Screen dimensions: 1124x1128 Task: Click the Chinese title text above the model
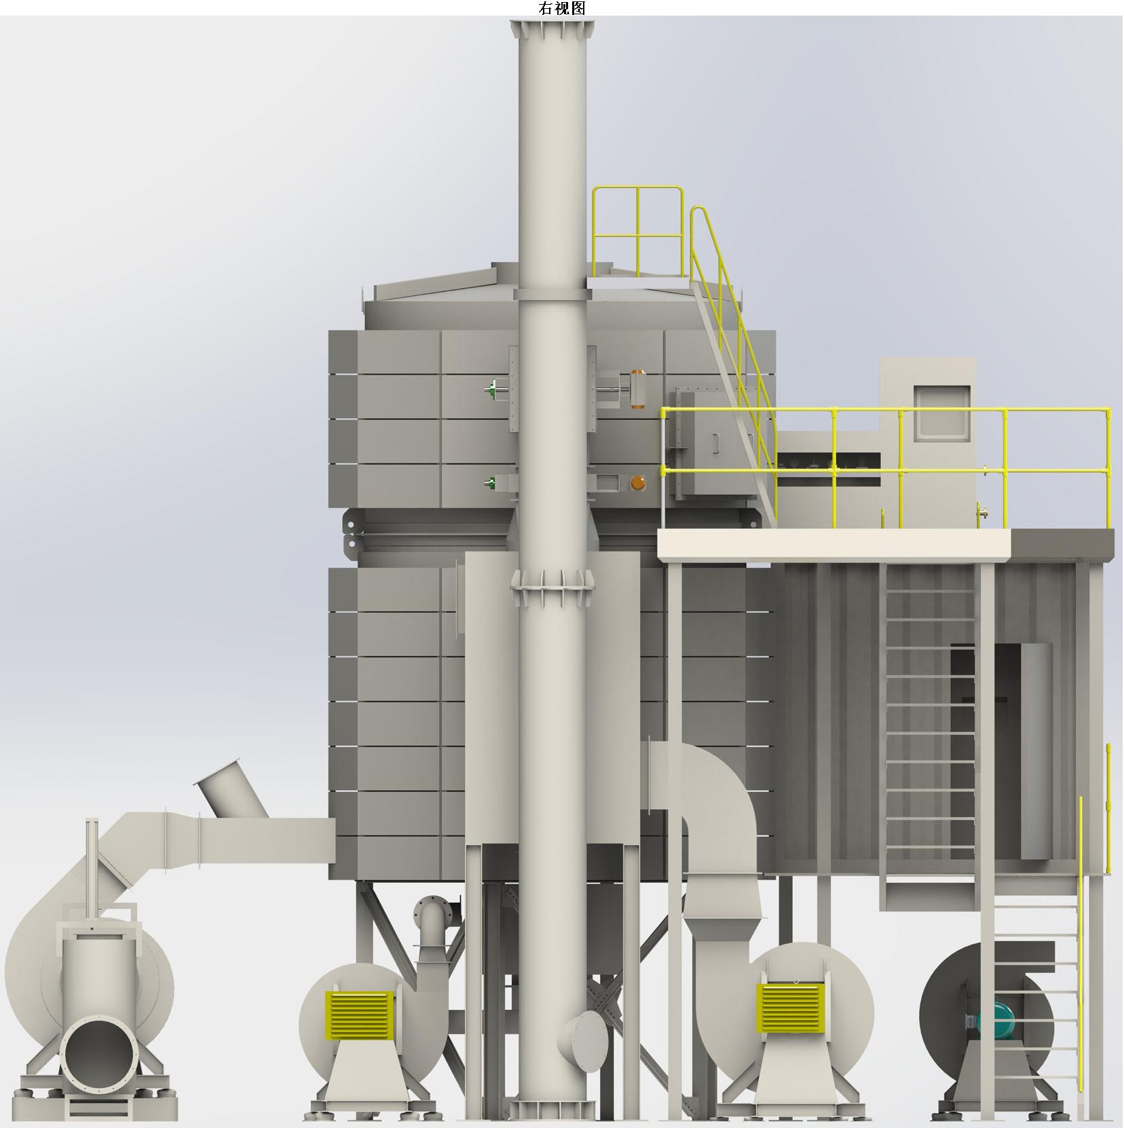(x=561, y=8)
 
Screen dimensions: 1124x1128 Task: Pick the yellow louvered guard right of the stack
(x=791, y=1008)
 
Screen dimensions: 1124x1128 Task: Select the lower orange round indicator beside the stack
(x=637, y=483)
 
